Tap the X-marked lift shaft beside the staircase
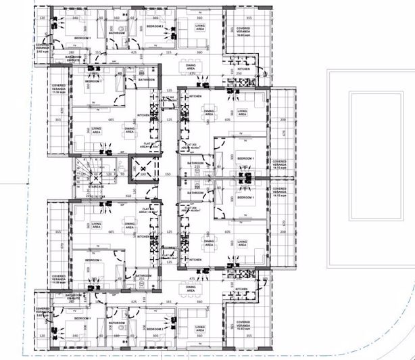click(143, 171)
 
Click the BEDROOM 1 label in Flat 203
click(245, 158)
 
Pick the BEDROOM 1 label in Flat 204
click(245, 198)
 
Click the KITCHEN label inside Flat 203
click(195, 97)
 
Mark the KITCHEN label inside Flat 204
click(195, 260)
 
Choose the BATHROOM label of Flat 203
click(196, 163)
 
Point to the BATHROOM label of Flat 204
click(196, 192)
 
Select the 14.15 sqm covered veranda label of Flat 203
click(279, 164)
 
